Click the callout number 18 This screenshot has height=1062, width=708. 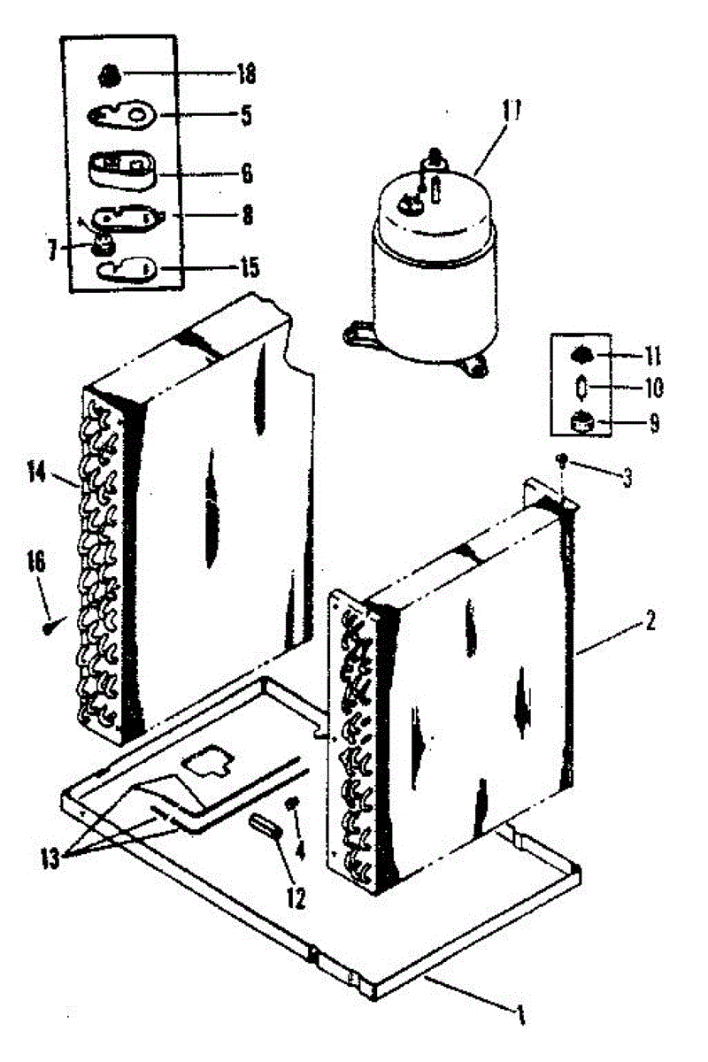(x=244, y=74)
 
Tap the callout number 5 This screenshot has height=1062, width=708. (x=245, y=115)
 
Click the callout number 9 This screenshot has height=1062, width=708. (x=652, y=423)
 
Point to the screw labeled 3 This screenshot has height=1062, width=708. (x=562, y=458)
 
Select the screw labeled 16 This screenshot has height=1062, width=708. (x=48, y=627)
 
